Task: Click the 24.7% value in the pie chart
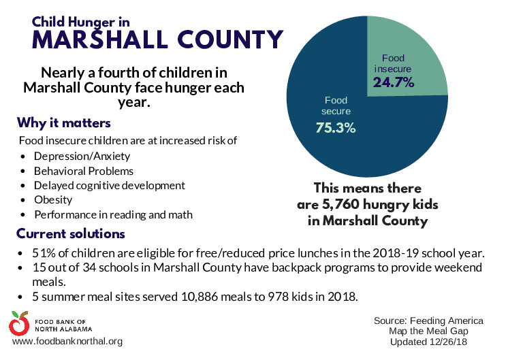(x=394, y=82)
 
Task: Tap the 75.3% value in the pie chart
(x=336, y=127)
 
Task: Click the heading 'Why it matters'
(x=64, y=123)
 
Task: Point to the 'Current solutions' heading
(x=71, y=233)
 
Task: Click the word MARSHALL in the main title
(x=100, y=39)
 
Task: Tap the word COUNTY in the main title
(x=230, y=39)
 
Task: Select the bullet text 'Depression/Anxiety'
(x=82, y=157)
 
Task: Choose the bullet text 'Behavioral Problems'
(x=84, y=171)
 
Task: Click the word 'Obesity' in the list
(x=53, y=200)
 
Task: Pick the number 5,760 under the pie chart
(x=341, y=204)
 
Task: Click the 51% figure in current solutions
(x=40, y=253)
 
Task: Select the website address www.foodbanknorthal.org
(x=67, y=341)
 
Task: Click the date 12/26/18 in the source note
(x=449, y=342)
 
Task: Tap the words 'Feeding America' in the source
(x=447, y=321)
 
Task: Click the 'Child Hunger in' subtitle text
(x=80, y=22)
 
